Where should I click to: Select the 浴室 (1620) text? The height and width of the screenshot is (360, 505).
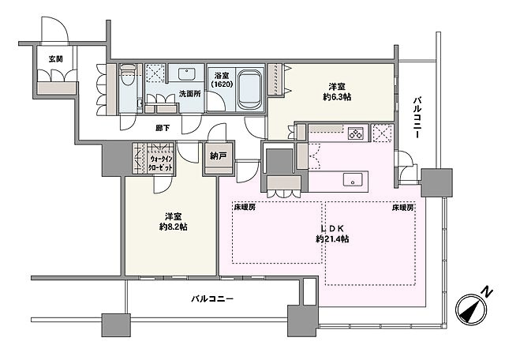(221, 80)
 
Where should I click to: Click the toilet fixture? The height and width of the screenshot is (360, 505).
(127, 80)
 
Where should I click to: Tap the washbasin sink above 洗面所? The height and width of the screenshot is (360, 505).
(186, 75)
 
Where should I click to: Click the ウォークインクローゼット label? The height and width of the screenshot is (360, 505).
(162, 163)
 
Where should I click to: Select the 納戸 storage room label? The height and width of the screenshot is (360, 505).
(218, 156)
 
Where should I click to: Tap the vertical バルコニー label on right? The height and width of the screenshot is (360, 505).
(416, 118)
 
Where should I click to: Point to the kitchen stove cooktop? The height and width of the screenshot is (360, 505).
(355, 133)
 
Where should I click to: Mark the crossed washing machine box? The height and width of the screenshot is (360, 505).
(383, 133)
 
